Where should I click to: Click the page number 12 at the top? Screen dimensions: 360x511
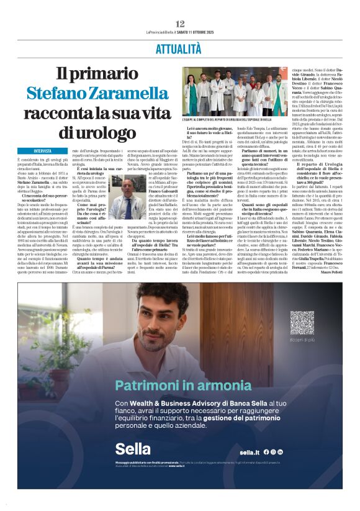[179, 24]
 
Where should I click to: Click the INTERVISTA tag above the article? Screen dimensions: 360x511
[43, 151]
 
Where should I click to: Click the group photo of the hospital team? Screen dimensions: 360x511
[235, 91]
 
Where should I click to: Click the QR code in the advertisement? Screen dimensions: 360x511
[302, 323]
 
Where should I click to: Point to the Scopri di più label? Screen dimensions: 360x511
[302, 340]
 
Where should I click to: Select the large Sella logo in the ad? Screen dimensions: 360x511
[133, 449]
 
